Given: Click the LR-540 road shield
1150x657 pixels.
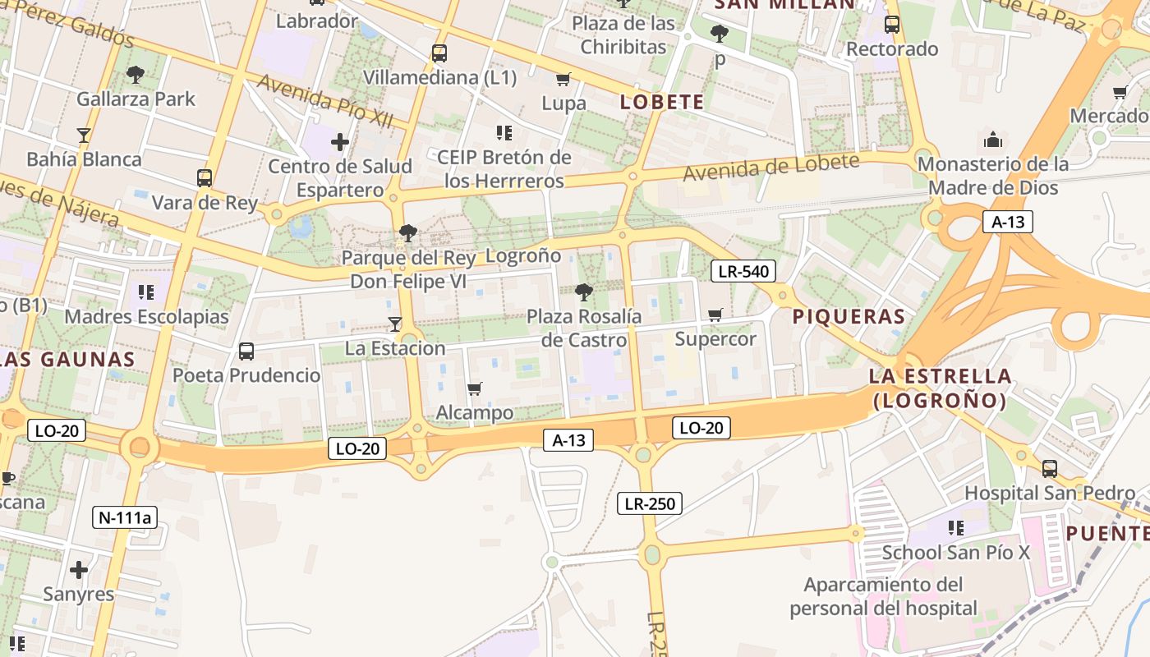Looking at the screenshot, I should (743, 271).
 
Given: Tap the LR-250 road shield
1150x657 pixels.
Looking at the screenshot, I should (650, 503).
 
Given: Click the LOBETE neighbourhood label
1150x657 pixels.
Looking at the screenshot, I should (662, 102).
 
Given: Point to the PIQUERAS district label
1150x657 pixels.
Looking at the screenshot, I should (849, 316).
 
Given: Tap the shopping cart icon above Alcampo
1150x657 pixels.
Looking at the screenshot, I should (474, 388).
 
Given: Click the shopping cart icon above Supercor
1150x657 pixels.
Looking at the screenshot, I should (715, 315).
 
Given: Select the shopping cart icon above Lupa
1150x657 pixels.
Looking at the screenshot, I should (563, 80).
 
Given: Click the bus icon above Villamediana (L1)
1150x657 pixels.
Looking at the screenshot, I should (439, 53).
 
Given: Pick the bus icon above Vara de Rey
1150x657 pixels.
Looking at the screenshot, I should (205, 177).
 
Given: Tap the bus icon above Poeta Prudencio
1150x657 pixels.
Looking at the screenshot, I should (246, 351).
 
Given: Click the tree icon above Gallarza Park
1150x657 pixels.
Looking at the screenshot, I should (136, 75).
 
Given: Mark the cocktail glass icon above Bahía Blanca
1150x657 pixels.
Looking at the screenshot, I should (83, 135).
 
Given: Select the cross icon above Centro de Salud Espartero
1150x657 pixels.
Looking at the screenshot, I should (340, 142).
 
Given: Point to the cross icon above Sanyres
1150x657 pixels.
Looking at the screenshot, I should (79, 569).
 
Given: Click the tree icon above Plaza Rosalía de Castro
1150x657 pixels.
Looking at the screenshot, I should (584, 292).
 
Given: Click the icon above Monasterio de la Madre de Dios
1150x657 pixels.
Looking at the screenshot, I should (992, 139).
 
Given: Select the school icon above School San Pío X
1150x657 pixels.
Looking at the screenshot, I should (955, 527).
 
